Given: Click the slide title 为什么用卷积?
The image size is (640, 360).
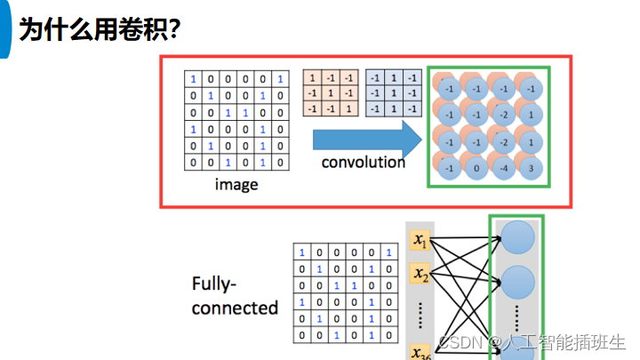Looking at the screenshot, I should click(x=100, y=28).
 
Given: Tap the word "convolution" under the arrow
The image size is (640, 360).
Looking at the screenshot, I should click(x=363, y=163).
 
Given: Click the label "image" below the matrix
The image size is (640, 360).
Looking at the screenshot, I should click(x=236, y=185).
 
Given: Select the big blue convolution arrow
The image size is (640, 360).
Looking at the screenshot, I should click(x=365, y=138).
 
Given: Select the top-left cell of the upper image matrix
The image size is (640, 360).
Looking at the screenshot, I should click(x=193, y=78).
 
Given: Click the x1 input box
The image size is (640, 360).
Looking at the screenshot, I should click(x=420, y=241).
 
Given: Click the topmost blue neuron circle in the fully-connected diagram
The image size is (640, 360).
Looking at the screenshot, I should click(x=517, y=237).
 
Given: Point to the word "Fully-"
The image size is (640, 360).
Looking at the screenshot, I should click(x=214, y=284).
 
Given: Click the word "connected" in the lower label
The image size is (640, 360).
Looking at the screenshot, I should click(x=235, y=308).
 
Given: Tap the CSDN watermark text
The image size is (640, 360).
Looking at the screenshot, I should click(x=460, y=342).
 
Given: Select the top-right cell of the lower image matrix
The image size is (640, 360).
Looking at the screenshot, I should click(x=388, y=252).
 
